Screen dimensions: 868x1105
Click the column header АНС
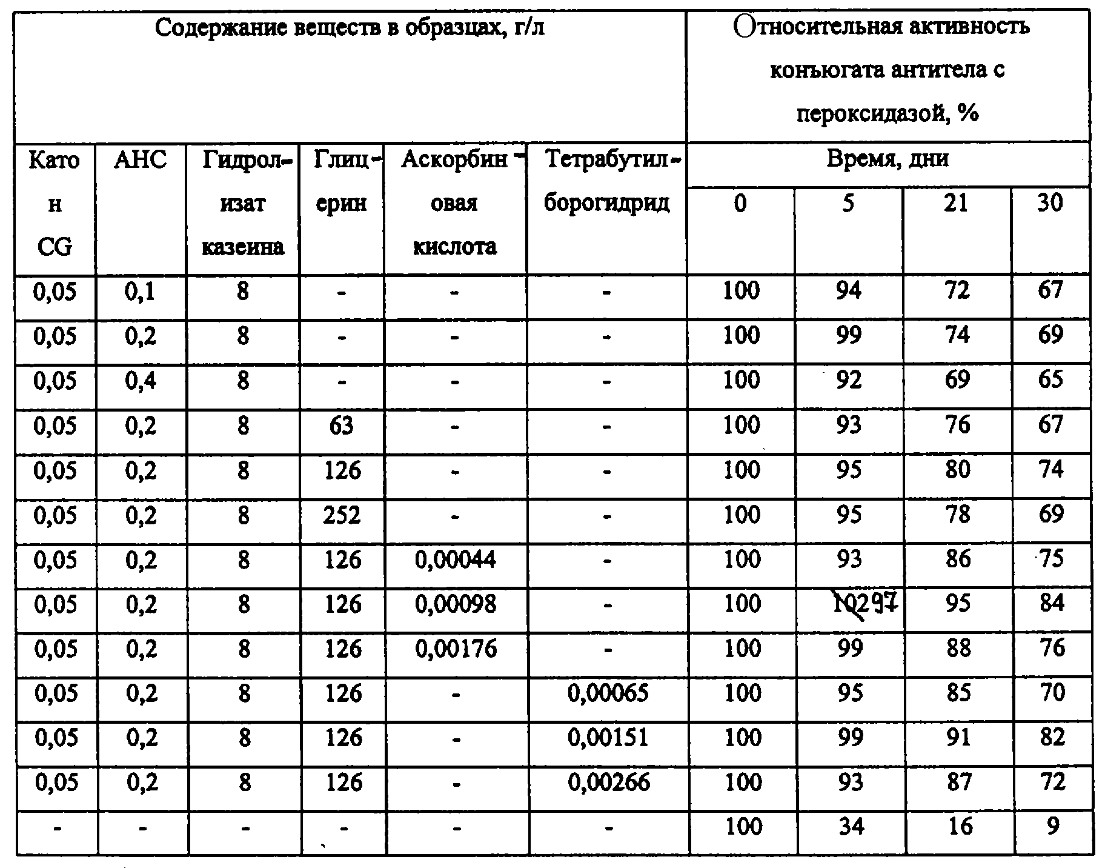pyautogui.click(x=140, y=160)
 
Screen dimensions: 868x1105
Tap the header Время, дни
pyautogui.click(x=888, y=159)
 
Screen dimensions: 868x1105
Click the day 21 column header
pyautogui.click(x=956, y=203)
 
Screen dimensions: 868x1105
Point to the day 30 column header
pyautogui.click(x=1050, y=203)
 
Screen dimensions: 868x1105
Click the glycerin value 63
pyautogui.click(x=341, y=426)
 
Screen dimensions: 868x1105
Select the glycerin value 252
pyautogui.click(x=342, y=515)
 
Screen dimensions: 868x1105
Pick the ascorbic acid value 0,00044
pyautogui.click(x=455, y=559)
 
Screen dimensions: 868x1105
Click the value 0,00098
pyautogui.click(x=455, y=604)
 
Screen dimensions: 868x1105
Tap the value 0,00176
pyautogui.click(x=455, y=649)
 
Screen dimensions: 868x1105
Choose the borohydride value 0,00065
pyautogui.click(x=608, y=693)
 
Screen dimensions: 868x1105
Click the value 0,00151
pyautogui.click(x=608, y=738)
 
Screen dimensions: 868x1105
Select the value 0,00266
pyautogui.click(x=608, y=783)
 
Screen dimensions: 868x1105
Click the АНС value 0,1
pyautogui.click(x=140, y=292)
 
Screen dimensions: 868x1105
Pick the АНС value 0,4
pyautogui.click(x=140, y=381)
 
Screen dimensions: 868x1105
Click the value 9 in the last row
pyautogui.click(x=1052, y=827)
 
